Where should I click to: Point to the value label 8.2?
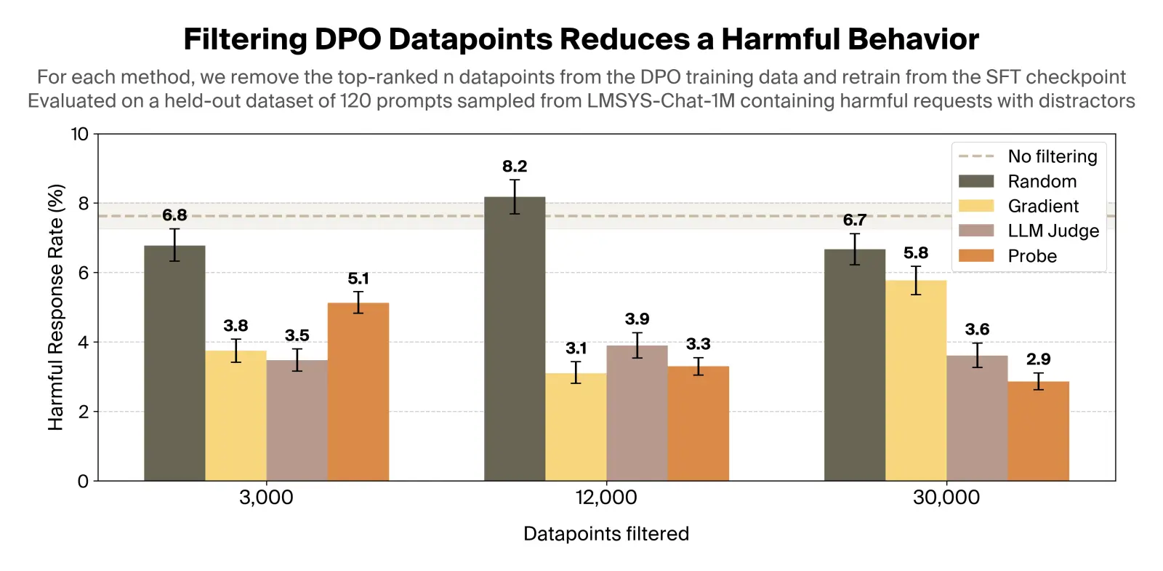coord(515,167)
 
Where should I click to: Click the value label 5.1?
coord(358,279)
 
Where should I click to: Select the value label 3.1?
coord(576,348)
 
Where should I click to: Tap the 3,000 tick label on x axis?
coord(266,498)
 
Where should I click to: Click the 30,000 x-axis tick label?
coord(946,498)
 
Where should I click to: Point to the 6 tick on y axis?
coord(83,273)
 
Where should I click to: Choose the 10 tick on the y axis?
coord(79,134)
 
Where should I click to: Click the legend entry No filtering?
coord(1052,156)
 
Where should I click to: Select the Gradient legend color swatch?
coord(975,206)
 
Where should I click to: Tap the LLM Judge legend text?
coord(1053,231)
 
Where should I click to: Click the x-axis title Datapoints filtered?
coord(605,534)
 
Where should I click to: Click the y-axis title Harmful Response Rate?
coord(56,307)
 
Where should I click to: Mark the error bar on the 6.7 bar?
coord(855,249)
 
